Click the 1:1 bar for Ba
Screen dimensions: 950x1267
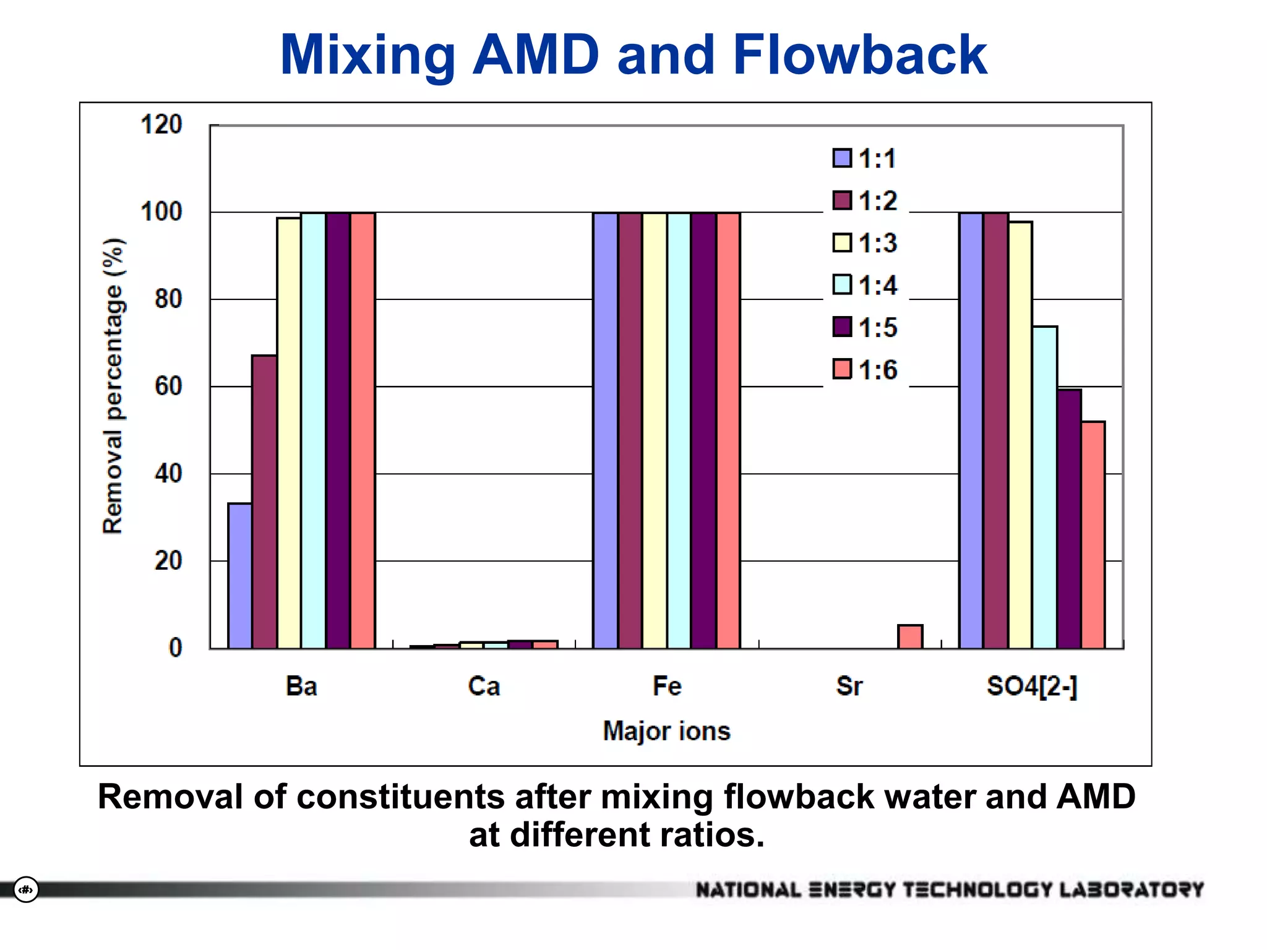point(239,576)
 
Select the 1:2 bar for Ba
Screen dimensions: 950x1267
point(264,502)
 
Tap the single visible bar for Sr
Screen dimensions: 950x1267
point(910,636)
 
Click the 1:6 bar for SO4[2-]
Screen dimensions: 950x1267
point(1093,535)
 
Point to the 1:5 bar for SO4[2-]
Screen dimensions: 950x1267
point(1069,519)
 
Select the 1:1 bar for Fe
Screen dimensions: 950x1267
point(605,430)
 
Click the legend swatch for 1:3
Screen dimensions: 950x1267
point(842,243)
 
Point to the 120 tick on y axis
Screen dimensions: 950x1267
point(161,125)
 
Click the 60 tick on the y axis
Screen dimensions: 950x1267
point(168,387)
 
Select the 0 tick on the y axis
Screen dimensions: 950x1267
point(176,648)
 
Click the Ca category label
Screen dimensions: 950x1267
point(484,687)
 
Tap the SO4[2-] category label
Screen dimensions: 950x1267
point(1031,687)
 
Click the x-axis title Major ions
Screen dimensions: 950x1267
point(666,731)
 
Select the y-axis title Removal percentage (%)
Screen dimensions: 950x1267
point(113,386)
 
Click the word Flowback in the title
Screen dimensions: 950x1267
point(859,54)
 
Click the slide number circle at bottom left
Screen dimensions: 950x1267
point(26,889)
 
